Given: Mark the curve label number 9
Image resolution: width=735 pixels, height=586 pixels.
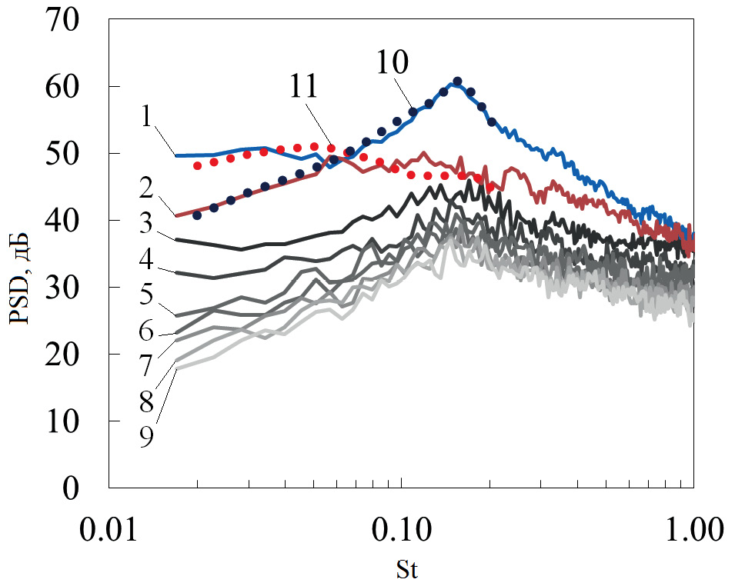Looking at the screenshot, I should tap(147, 437).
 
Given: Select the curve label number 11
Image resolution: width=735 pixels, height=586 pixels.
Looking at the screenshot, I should tap(304, 87).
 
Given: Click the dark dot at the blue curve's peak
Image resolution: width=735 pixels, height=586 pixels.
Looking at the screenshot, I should tap(457, 81).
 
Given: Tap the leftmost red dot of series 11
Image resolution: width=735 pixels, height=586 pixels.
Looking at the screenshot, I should tap(198, 165).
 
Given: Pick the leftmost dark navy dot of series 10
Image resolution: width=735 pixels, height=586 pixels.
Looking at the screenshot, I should tap(197, 215).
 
